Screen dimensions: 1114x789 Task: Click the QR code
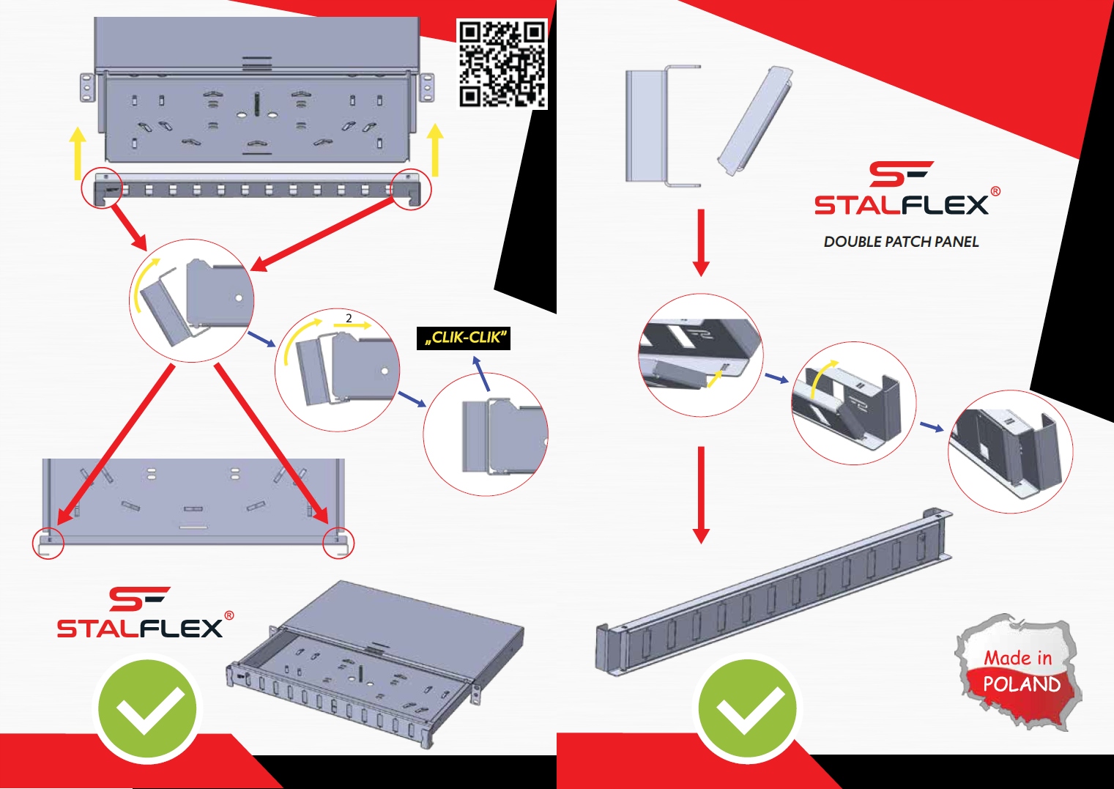pos(502,64)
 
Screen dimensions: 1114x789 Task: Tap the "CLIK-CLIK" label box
pos(464,338)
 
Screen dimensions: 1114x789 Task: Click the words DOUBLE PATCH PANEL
pos(901,242)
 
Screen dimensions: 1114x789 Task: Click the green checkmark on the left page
pos(148,709)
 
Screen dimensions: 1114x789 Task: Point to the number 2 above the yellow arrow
pos(349,318)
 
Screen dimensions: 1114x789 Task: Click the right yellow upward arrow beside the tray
pos(435,149)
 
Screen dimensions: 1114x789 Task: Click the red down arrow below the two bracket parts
pos(701,242)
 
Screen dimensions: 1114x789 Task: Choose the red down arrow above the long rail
pos(701,494)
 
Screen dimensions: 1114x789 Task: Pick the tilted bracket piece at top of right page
pos(754,121)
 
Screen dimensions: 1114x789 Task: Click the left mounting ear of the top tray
pos(87,88)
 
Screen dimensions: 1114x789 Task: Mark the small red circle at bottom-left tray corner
pos(48,543)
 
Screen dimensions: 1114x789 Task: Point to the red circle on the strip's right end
pos(411,190)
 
